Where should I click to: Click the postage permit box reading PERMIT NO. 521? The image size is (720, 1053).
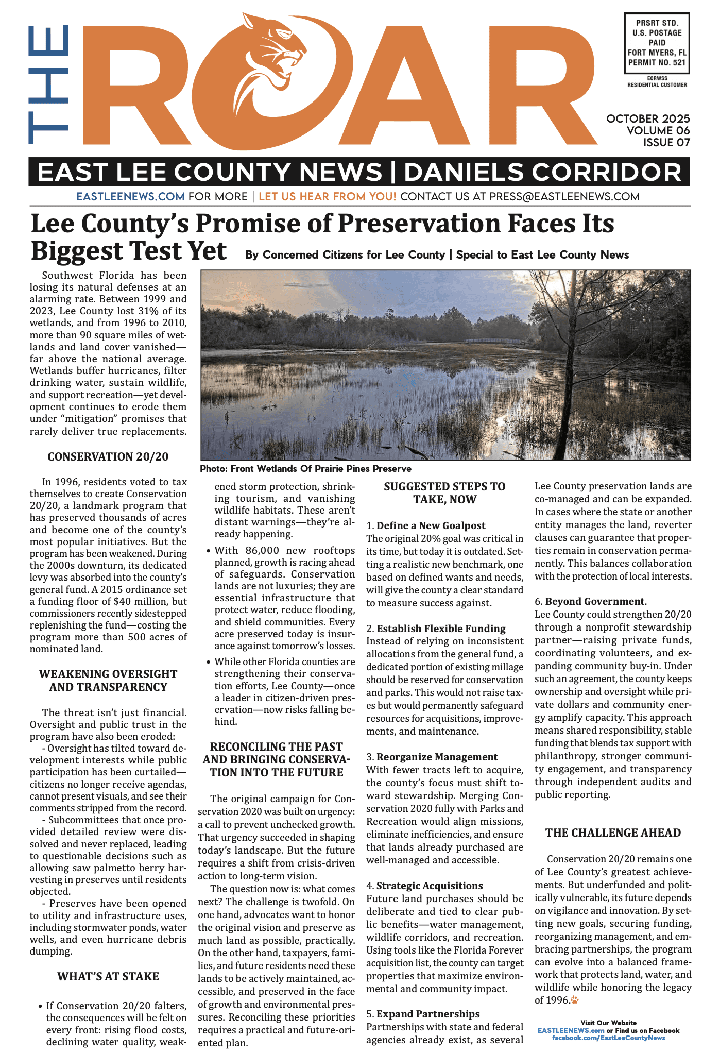657,43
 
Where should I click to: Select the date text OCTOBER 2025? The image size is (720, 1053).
648,119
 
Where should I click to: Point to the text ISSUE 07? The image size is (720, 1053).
666,143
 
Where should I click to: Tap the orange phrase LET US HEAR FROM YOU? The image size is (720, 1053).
327,197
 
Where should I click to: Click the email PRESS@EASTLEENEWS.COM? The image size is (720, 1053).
564,197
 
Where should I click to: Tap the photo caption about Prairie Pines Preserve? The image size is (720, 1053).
305,469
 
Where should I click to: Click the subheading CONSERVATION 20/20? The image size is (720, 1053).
108,457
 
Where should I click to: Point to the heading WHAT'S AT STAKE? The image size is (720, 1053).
108,976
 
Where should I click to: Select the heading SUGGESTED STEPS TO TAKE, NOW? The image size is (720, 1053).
444,493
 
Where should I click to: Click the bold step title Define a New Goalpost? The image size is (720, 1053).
431,525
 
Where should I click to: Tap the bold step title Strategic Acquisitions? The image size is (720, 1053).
429,886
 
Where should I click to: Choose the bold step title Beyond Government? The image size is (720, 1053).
594,601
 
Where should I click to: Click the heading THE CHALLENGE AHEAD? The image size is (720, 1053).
613,833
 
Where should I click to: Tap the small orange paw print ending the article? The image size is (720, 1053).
575,1000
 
